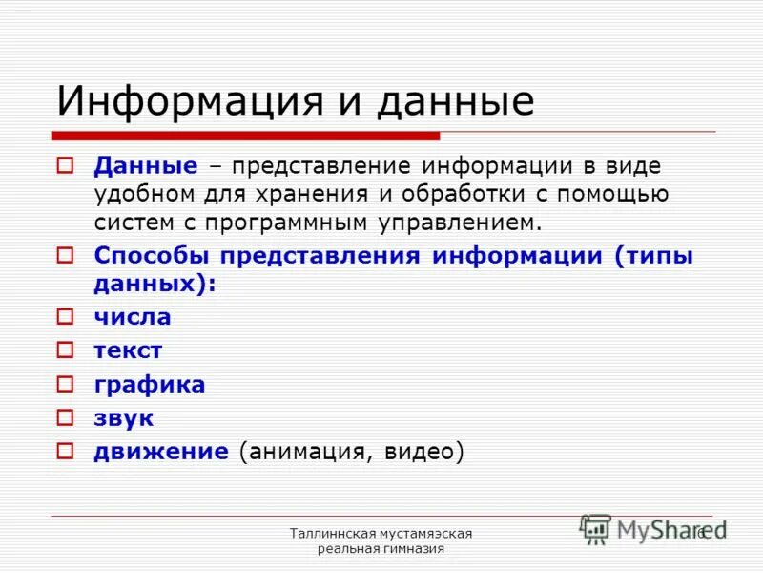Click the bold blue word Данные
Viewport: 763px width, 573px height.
[x=145, y=165]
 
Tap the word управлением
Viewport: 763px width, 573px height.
[x=455, y=223]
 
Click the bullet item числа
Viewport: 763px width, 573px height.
[x=132, y=317]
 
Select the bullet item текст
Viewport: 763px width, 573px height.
[x=128, y=350]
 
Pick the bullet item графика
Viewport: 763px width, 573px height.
[x=149, y=385]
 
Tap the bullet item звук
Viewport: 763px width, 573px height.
[x=123, y=418]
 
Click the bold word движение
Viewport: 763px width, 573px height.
[x=160, y=452]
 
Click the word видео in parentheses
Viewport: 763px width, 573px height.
[x=420, y=452]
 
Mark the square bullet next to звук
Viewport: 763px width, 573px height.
[x=65, y=417]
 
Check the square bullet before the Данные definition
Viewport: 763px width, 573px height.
[x=65, y=165]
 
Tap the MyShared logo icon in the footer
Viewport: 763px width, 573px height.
[x=595, y=529]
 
